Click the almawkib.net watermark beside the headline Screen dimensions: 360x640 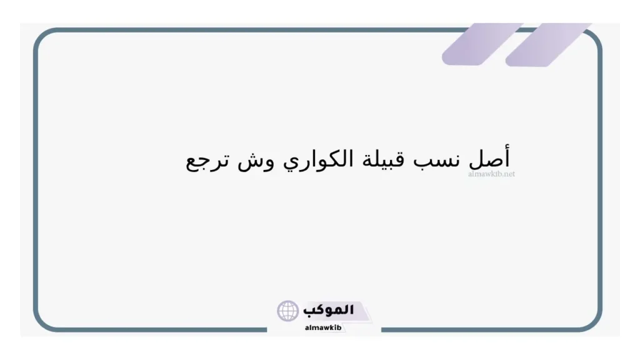coord(491,174)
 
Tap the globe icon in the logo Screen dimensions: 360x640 coord(288,311)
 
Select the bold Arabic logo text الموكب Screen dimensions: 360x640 coord(329,310)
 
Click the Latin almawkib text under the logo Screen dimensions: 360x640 coord(324,327)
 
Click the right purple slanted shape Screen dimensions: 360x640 coord(547,45)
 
